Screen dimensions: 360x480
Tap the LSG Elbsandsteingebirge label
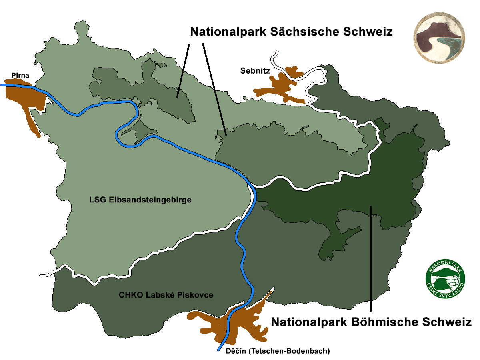[x=140, y=200]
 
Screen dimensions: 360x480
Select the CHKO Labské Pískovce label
[x=166, y=295]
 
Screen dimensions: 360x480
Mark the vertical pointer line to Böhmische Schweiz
[x=371, y=260]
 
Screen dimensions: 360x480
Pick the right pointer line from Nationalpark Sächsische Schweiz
[x=214, y=88]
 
